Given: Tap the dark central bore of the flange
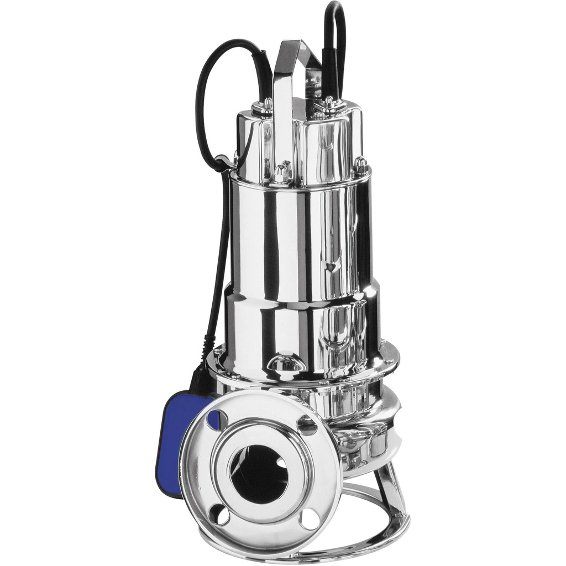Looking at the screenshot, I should click(x=258, y=473).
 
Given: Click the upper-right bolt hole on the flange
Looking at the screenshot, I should click(x=307, y=425).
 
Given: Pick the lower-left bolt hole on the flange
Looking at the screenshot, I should click(x=220, y=515).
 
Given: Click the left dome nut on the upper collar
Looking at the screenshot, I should click(x=281, y=174).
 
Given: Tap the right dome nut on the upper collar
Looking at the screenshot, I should click(x=360, y=164).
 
